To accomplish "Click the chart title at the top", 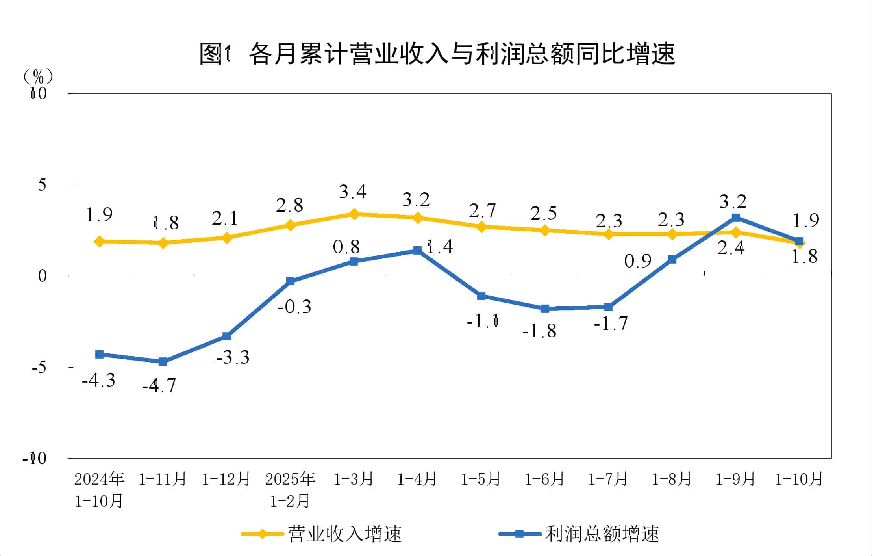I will pos(437,53).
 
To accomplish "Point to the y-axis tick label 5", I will pos(42,184).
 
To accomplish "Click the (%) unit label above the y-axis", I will pos(38,76).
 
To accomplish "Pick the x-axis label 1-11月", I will pos(163,479).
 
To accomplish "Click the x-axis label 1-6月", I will pos(544,479).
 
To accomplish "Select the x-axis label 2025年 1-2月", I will pos(290,489).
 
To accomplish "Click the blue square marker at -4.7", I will pos(163,361).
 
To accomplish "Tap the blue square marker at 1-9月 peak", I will pos(735,218).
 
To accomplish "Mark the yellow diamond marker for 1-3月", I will pos(354,214).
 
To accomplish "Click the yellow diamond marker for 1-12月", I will pos(226,238).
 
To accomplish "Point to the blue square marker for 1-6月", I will pos(544,309).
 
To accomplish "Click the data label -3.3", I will pos(233,357).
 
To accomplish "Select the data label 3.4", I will pos(352,192).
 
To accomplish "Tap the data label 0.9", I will pos(638,261).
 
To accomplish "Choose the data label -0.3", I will pos(294,307).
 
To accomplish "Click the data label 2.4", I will pos(731,249).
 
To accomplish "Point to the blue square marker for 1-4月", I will pos(417,251).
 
